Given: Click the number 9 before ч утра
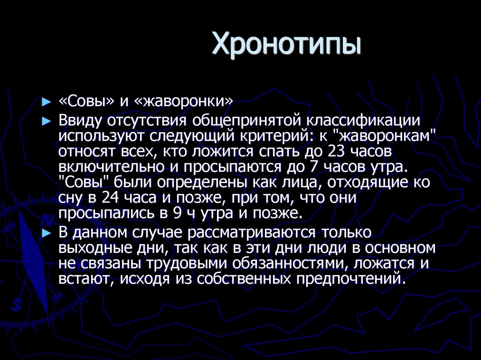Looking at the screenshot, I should (177, 214).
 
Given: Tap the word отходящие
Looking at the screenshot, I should (358, 183).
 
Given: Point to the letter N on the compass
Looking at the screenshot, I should (46, 219).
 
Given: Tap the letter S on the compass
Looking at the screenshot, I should (17, 305).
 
